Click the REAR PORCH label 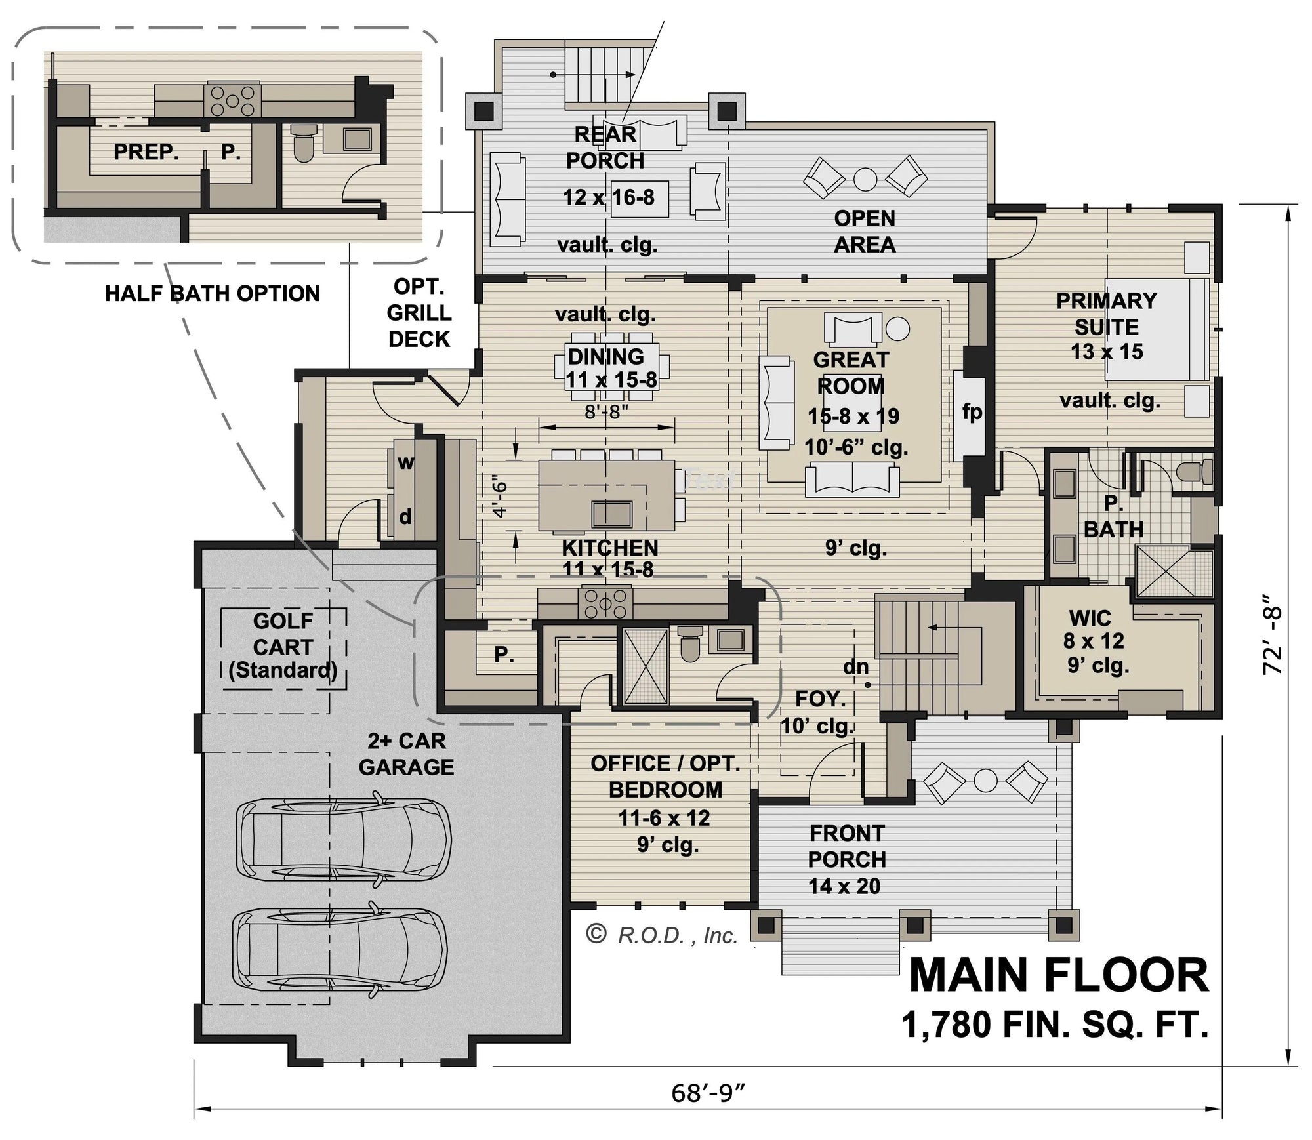click(x=605, y=148)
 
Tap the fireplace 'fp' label click(x=972, y=412)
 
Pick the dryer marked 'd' click(x=405, y=517)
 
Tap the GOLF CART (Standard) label click(x=283, y=646)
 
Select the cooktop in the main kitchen click(x=605, y=604)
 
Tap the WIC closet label click(x=1090, y=619)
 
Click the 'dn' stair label click(x=856, y=667)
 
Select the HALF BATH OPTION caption click(x=213, y=293)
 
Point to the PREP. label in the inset click(x=146, y=152)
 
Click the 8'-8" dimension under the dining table click(x=607, y=412)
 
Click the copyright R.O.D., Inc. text click(x=662, y=935)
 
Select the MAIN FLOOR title click(x=1059, y=976)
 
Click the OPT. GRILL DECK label click(x=419, y=313)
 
